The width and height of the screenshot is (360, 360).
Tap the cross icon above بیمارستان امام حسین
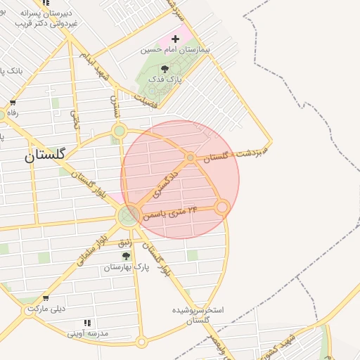coord(175,38)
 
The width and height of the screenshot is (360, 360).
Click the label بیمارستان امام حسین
coord(170,50)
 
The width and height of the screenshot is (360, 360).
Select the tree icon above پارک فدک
coord(164,69)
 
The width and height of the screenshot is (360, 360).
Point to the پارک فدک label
coord(164,81)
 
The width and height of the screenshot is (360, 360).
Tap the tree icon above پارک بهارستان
coord(127,256)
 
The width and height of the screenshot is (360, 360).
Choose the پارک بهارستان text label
coord(127,268)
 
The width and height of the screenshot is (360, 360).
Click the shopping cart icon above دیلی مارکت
coord(46,297)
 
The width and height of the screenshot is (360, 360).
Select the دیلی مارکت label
coord(46,309)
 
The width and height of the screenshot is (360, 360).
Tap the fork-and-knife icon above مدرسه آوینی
coord(86,322)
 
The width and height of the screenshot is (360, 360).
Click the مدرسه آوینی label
coord(86,333)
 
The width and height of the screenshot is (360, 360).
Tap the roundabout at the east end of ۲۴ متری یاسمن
coord(222,207)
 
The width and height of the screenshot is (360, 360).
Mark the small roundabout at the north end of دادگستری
coord(191,157)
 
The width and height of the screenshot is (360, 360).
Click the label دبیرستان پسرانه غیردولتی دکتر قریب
coord(48,18)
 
